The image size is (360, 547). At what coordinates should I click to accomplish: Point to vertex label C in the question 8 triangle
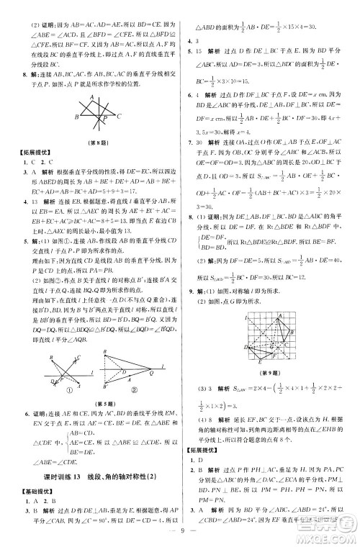pos(120,117)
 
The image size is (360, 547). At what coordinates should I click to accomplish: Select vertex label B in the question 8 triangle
pos(76,117)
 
